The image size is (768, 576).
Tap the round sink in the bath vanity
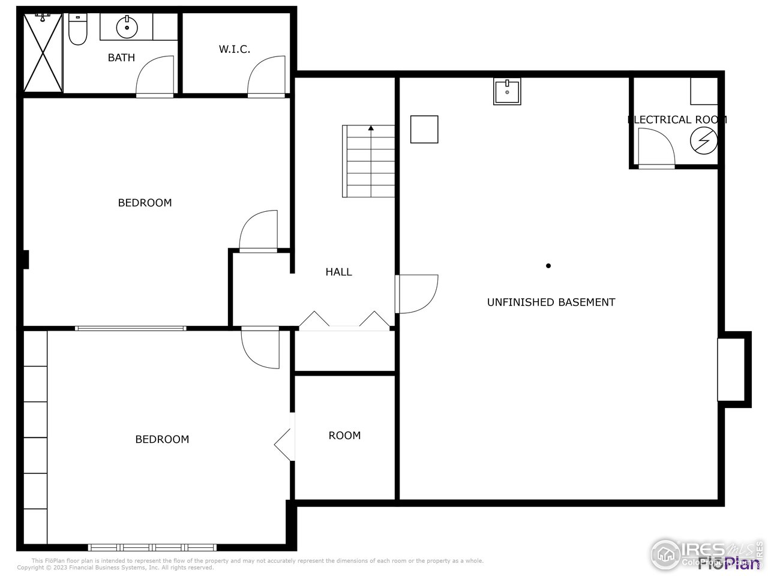point(127,27)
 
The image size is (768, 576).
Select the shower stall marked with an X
point(43,53)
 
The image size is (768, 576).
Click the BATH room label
point(121,58)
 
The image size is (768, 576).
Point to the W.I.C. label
point(234,49)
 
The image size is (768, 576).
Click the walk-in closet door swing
point(265,76)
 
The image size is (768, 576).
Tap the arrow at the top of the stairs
point(371,128)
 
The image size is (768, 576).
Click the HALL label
point(338,272)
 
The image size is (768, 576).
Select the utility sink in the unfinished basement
point(507,91)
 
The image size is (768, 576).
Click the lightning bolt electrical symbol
point(703,140)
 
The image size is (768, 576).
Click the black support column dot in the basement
point(548,266)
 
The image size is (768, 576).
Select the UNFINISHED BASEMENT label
point(551,302)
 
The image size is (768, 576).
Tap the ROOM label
point(344,436)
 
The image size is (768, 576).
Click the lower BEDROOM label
point(162,439)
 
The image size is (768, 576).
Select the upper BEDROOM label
point(145,203)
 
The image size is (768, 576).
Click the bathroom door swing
point(155,76)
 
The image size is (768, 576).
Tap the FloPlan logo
point(728,562)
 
